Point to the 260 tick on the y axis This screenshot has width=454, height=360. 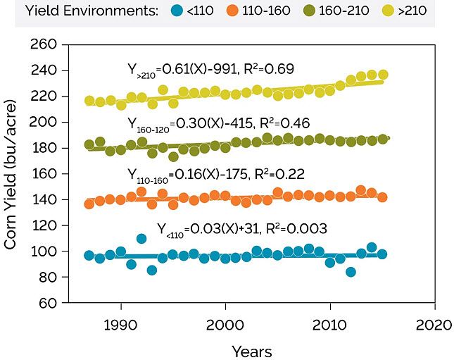44,44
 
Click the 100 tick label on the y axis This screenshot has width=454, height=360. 44,252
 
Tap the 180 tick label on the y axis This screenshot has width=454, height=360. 44,148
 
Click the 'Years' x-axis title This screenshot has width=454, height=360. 251,350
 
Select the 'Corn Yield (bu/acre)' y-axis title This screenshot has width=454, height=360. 11,173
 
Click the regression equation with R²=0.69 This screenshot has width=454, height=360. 209,69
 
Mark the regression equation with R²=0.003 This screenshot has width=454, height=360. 241,229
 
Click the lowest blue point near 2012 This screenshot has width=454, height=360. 351,272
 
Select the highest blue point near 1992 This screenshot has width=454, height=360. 141,239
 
